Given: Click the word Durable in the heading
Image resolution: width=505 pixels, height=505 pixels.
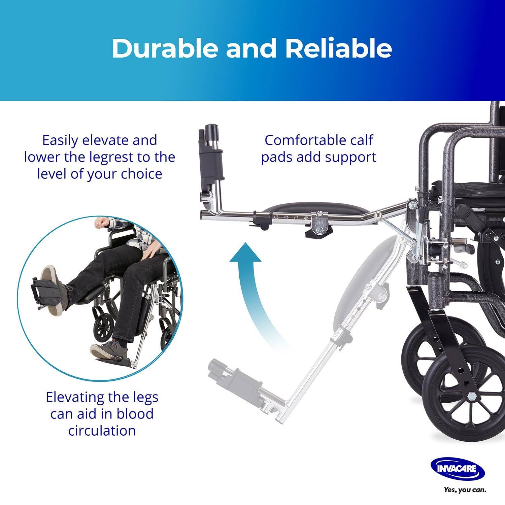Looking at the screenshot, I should point(165,48).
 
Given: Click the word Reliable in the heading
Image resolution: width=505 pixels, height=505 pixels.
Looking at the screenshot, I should point(338,48).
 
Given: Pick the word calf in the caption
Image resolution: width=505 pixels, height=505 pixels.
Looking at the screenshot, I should point(361,140).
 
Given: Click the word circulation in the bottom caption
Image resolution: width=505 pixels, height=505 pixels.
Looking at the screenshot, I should point(102,431).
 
